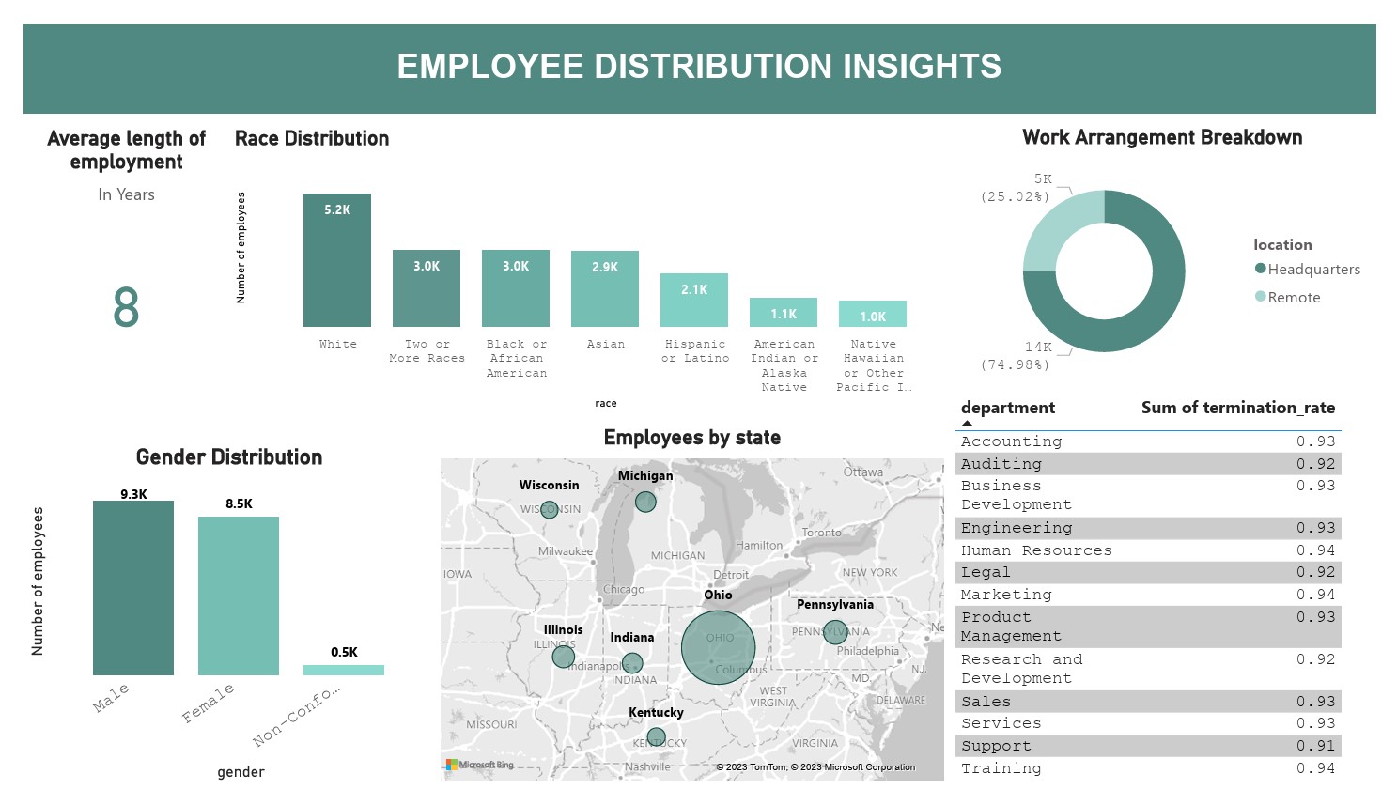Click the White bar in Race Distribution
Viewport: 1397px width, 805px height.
336,260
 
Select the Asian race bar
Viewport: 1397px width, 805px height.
604,288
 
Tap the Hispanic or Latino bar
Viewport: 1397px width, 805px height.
693,300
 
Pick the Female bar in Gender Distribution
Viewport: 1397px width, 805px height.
238,596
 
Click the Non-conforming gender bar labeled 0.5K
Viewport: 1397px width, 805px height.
343,670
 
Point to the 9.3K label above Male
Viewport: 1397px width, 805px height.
133,494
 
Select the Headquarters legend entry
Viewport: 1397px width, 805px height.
1312,270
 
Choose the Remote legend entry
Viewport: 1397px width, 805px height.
1293,298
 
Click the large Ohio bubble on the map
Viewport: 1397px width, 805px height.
718,647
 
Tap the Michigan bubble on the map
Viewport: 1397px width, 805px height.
645,502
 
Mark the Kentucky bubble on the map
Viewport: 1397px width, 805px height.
656,737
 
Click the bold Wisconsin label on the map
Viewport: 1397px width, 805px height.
549,486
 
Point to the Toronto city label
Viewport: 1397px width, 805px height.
821,533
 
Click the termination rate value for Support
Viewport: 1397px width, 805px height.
1315,746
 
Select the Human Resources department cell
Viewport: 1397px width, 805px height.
1035,550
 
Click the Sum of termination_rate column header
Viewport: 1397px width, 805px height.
1237,408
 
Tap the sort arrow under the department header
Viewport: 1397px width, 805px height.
967,424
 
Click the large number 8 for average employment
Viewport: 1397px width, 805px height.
126,308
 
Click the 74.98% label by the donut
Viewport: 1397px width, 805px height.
1015,364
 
